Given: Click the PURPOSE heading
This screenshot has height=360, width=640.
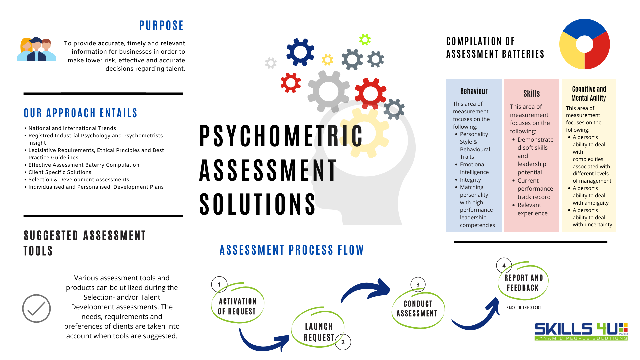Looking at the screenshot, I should [x=161, y=26].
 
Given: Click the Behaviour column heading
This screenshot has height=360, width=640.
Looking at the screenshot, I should [x=474, y=91].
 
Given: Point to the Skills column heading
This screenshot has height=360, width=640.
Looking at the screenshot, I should [x=531, y=94].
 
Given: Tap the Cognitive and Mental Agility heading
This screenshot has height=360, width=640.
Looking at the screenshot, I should [x=589, y=93].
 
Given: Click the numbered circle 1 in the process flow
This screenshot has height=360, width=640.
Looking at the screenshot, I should [x=219, y=285].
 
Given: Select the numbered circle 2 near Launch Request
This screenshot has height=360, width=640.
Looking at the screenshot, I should [x=343, y=342].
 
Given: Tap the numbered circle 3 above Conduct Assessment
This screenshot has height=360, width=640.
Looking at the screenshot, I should [x=418, y=285].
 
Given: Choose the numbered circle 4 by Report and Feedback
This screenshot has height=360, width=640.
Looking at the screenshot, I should [x=504, y=266].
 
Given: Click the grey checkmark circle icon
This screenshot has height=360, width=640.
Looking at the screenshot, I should [x=36, y=308].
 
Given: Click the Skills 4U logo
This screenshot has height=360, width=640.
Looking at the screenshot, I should [x=581, y=331].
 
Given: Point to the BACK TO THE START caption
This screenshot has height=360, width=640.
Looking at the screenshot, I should [x=523, y=308].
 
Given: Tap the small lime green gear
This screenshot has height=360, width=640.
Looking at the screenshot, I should [x=365, y=40].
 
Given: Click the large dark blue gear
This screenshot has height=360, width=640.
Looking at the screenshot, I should [x=300, y=52].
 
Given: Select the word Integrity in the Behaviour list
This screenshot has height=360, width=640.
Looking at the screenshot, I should [x=470, y=180].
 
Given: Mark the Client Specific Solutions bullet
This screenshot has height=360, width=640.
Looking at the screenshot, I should [x=60, y=172].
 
